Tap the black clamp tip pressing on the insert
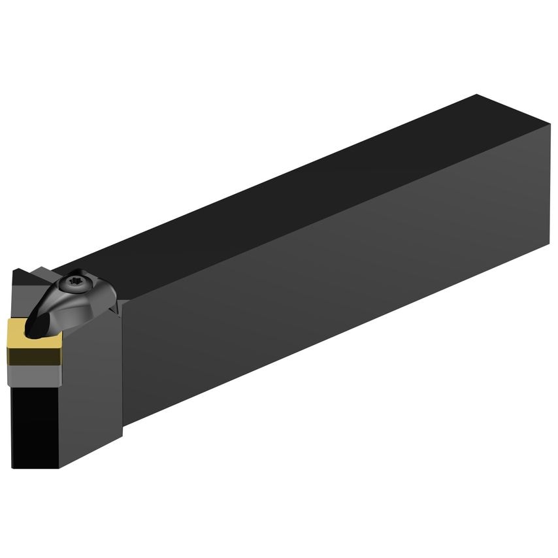[x=36, y=324]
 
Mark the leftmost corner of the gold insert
[x=8, y=346]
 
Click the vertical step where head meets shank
[x=122, y=366]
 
